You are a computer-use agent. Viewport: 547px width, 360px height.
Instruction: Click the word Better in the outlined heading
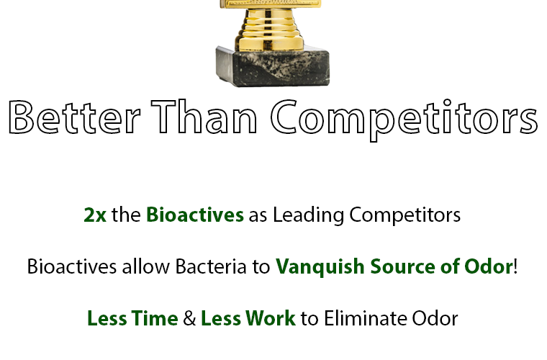pos(74,117)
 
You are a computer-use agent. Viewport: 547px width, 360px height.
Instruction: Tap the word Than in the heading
pos(204,116)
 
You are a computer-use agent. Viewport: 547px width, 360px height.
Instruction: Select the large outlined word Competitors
pos(404,120)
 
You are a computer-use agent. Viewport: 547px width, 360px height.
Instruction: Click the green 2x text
pos(95,215)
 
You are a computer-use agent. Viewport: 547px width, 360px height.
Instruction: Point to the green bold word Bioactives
pos(194,214)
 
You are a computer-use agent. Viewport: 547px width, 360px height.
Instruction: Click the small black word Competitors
pos(404,215)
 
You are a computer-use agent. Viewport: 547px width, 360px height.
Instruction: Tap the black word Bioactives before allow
pos(71,266)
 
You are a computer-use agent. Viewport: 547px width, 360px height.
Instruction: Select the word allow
pos(145,266)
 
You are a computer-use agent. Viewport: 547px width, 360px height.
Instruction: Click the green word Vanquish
pos(320,267)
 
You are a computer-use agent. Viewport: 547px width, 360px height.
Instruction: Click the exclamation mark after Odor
pos(515,266)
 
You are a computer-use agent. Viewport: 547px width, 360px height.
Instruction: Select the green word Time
pos(155,318)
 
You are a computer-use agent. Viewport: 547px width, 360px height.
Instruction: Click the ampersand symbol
pos(189,318)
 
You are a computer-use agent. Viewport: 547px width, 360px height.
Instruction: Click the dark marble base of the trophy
pos(273,66)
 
